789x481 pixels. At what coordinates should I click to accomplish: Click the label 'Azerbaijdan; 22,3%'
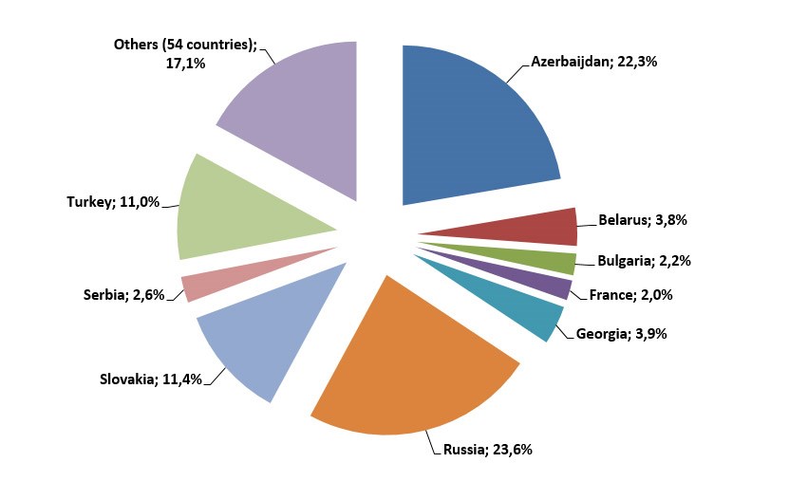[x=594, y=63]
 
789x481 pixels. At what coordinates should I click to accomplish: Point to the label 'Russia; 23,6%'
[x=487, y=449]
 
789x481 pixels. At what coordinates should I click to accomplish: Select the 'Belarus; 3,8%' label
[x=643, y=220]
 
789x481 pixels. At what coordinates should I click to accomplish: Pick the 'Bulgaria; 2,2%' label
[x=644, y=260]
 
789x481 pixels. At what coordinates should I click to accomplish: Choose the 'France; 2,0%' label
[x=630, y=294]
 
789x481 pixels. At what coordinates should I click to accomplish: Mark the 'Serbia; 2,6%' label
[x=123, y=296]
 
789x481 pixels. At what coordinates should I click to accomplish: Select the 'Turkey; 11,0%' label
[x=112, y=202]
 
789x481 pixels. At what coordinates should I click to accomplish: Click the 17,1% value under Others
[x=186, y=63]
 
